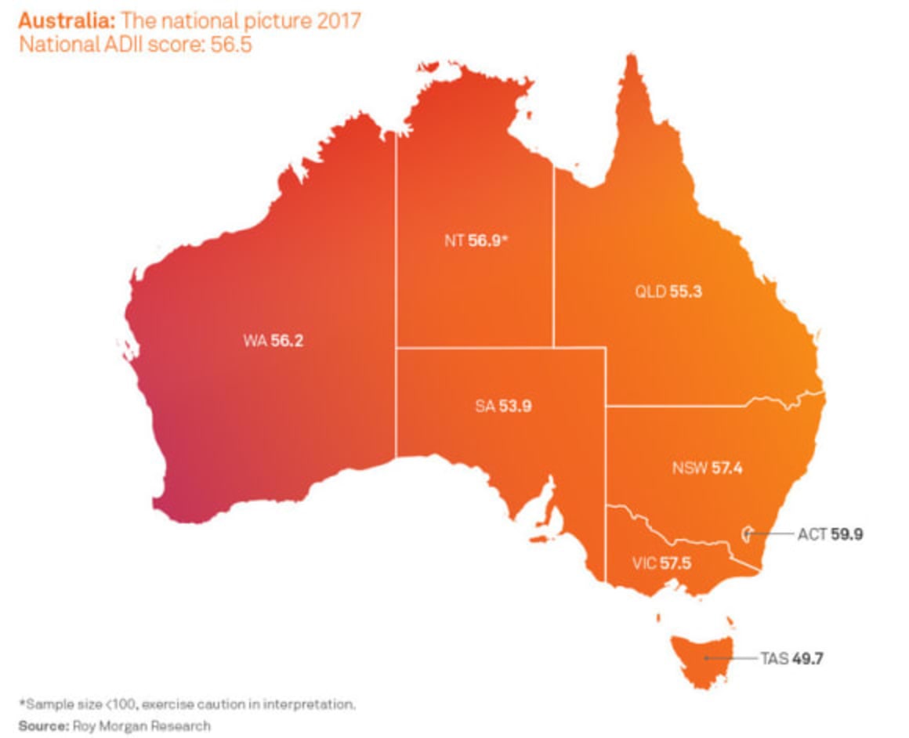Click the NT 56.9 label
click(x=476, y=241)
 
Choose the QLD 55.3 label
click(x=668, y=291)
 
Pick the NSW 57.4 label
click(x=707, y=468)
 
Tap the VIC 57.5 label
click(x=661, y=563)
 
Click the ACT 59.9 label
click(x=830, y=535)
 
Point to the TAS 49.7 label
click(x=791, y=658)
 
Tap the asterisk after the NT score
click(x=506, y=239)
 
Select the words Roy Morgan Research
click(x=142, y=725)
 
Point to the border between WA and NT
click(x=396, y=298)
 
